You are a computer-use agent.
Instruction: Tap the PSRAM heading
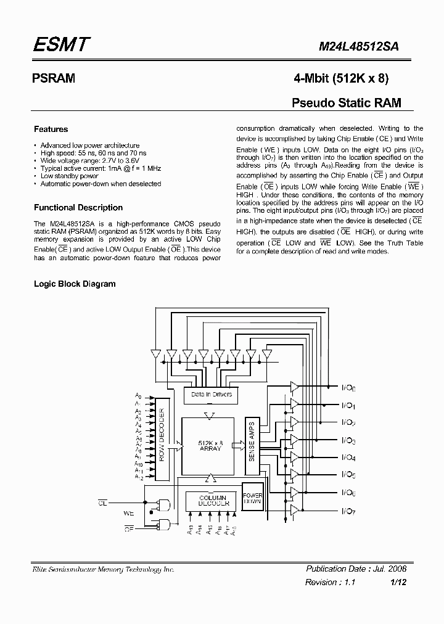(x=54, y=79)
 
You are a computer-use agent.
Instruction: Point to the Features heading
(x=51, y=129)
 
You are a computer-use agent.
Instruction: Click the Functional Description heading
(x=78, y=208)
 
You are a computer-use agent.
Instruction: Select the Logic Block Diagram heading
(x=75, y=284)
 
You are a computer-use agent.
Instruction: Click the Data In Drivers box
(x=212, y=394)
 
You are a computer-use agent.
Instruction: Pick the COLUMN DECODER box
(x=213, y=500)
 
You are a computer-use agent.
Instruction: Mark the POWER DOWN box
(x=253, y=498)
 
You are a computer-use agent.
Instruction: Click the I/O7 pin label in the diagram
(x=348, y=511)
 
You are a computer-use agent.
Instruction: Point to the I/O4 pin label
(x=348, y=458)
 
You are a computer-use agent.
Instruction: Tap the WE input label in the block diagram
(x=129, y=512)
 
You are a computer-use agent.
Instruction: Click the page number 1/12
(x=398, y=582)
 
